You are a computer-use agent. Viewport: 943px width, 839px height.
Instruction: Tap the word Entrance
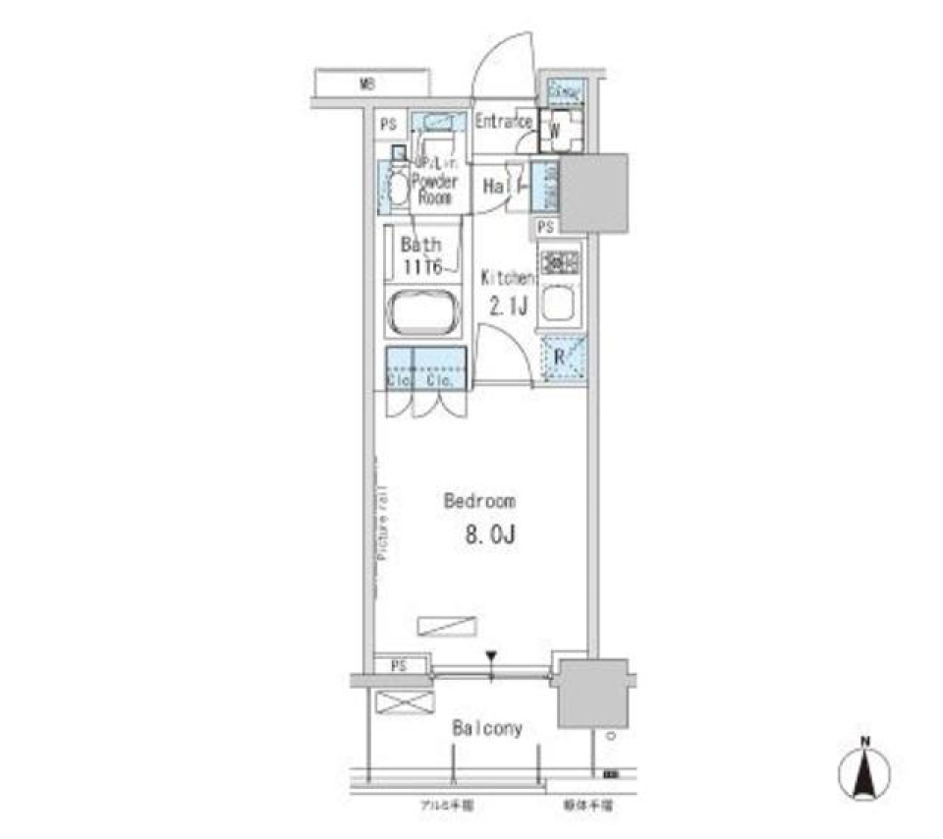[504, 122]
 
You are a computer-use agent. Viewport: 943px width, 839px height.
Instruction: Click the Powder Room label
[433, 189]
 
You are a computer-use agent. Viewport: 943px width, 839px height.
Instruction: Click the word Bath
[420, 245]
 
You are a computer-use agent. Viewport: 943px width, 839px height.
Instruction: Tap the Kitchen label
[507, 278]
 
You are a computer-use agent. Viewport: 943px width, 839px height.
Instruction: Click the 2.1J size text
[509, 307]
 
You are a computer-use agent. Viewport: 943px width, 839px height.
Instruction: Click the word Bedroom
[479, 501]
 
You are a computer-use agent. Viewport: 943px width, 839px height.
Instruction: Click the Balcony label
[487, 729]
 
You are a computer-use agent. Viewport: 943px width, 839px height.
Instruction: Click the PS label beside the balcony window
[398, 665]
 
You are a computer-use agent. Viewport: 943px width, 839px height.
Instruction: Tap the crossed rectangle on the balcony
[406, 705]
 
